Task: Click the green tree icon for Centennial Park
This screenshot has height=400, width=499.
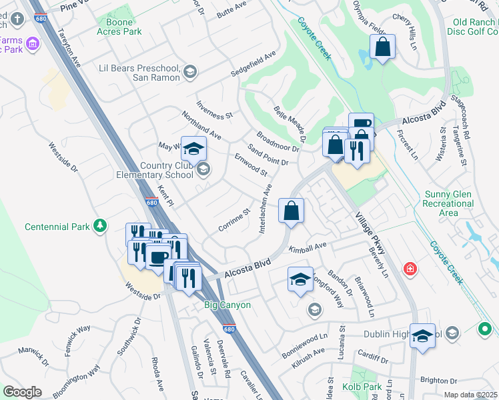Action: (x=100, y=226)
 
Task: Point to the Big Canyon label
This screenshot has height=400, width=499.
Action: (x=227, y=305)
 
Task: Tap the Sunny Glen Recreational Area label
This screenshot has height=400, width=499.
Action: (x=450, y=203)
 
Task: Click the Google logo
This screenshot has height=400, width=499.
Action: (x=22, y=392)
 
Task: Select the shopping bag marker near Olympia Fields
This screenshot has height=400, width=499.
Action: (x=382, y=47)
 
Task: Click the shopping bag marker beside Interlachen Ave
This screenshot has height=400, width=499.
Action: (x=291, y=211)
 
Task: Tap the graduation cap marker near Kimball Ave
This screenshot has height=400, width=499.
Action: (x=300, y=279)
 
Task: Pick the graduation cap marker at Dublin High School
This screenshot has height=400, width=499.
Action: (x=422, y=336)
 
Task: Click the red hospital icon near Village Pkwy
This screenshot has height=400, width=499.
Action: (x=411, y=269)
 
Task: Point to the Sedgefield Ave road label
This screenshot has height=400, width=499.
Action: (x=253, y=63)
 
